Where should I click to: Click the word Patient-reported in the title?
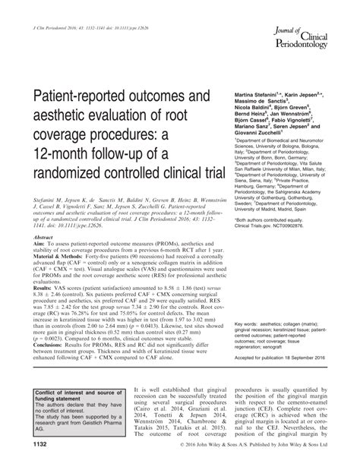point(73,98)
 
